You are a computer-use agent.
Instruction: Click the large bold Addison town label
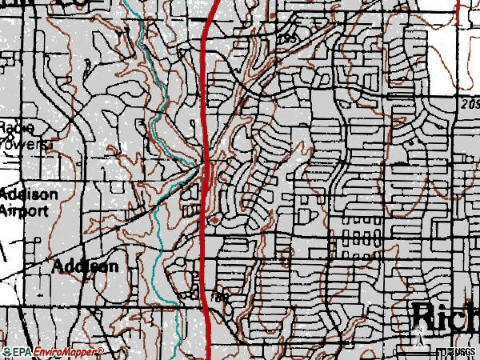pos(86,266)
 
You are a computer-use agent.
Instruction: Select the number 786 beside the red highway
pos(221,297)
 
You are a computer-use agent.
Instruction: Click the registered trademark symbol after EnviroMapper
pos(101,349)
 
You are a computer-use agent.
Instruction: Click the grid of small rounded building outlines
pos(361,237)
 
